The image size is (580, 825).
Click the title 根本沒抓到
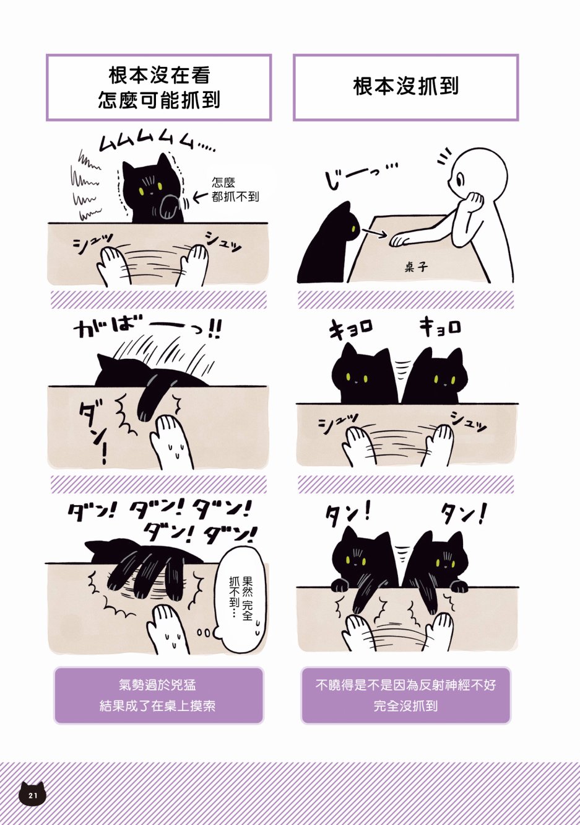click(x=405, y=87)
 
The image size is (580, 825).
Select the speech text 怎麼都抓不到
click(x=235, y=189)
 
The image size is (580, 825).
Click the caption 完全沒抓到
click(x=405, y=706)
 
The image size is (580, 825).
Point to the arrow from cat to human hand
click(x=373, y=232)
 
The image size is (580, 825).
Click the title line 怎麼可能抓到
click(x=159, y=100)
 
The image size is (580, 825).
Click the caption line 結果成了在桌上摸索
click(x=158, y=706)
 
